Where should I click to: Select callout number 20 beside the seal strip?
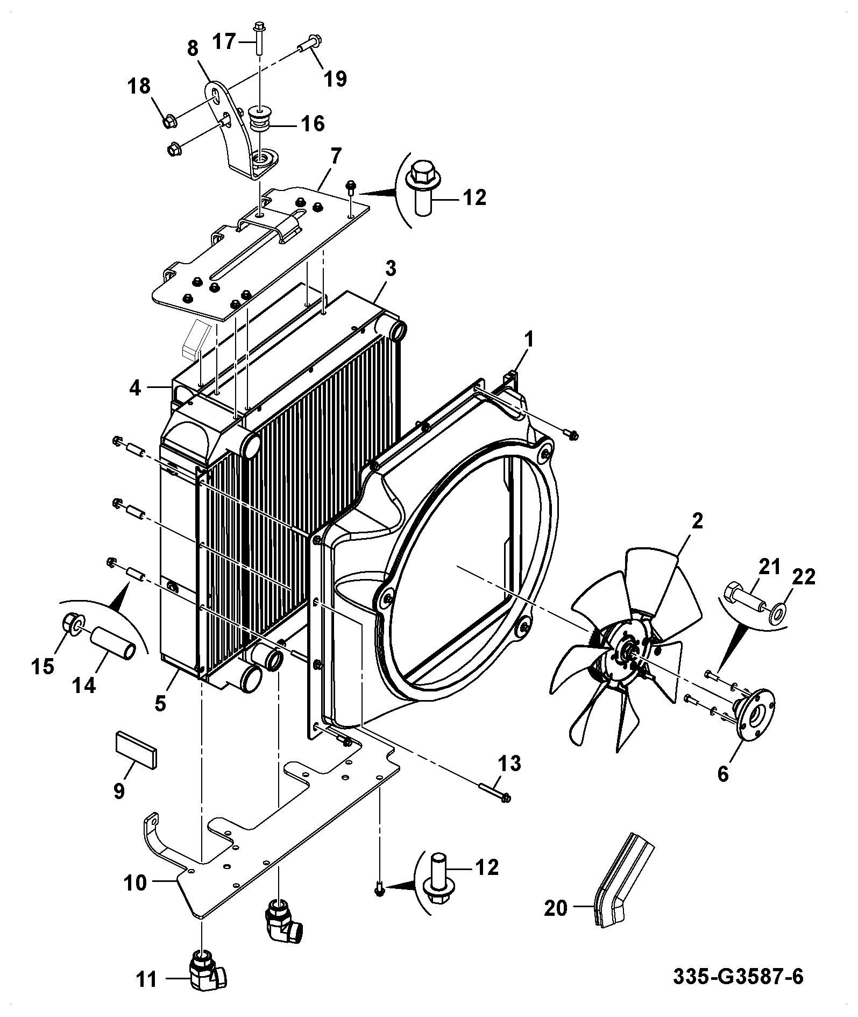[x=555, y=908]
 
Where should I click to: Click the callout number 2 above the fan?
[x=697, y=522]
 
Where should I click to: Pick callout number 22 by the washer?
[x=804, y=577]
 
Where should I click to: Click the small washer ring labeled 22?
[x=777, y=612]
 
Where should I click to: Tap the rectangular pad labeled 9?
[x=137, y=747]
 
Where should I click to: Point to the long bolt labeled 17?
[x=259, y=38]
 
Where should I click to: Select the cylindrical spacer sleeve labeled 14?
[x=113, y=641]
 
